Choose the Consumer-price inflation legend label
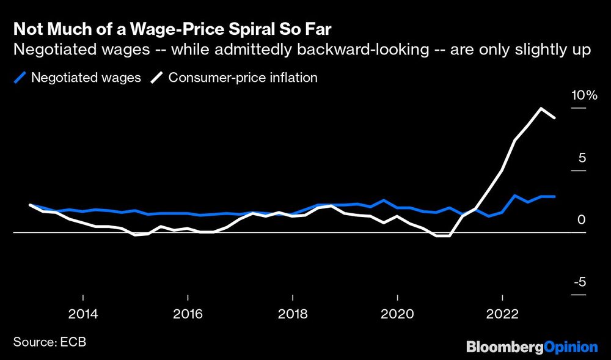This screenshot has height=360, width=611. click(x=243, y=78)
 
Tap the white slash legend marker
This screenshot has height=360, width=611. click(x=158, y=78)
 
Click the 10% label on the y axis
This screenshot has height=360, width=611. click(x=584, y=95)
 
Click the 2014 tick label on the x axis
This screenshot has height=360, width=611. click(x=83, y=314)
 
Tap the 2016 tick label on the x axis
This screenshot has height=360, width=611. click(x=188, y=314)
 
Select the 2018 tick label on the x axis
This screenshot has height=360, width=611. click(x=293, y=314)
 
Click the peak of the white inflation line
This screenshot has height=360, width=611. click(x=541, y=108)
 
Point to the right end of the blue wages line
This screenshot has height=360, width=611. click(x=554, y=196)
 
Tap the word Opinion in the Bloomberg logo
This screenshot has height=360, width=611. click(x=571, y=347)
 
